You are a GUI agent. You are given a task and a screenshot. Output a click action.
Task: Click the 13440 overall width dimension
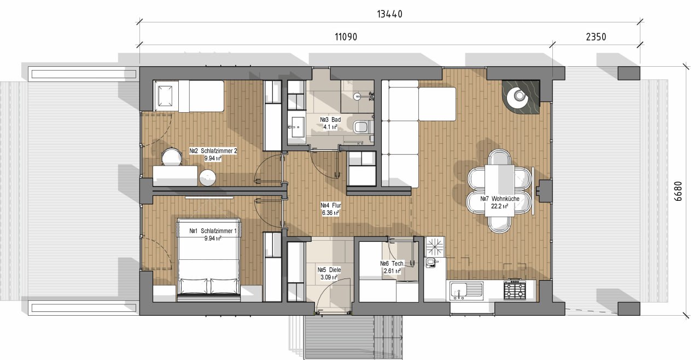[x=390, y=14]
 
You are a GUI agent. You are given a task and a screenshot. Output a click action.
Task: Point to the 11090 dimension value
[x=346, y=37]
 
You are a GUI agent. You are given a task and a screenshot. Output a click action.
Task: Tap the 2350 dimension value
[x=596, y=37]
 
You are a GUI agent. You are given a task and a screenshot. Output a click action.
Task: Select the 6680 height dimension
[x=678, y=191]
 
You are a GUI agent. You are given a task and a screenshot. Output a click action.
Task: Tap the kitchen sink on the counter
[x=466, y=291]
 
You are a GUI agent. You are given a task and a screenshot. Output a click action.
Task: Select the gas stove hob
[x=515, y=289]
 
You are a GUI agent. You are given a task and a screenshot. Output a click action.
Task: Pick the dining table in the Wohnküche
[x=500, y=190]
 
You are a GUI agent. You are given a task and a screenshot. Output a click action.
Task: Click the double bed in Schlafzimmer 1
[x=209, y=260]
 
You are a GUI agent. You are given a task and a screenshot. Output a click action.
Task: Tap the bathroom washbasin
[x=296, y=127]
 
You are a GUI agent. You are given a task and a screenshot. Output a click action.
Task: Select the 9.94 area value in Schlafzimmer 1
[x=213, y=239]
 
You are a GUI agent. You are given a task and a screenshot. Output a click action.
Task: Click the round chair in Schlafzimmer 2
[x=172, y=156]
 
